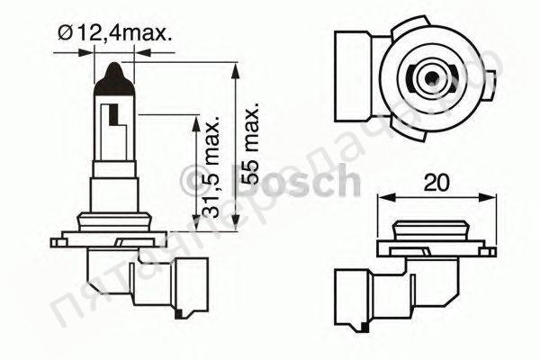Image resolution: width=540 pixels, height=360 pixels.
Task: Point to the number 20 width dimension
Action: (x=436, y=182)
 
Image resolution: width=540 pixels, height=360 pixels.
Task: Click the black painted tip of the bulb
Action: (x=115, y=76)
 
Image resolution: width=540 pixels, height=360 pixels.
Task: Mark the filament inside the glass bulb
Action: (x=113, y=117)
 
